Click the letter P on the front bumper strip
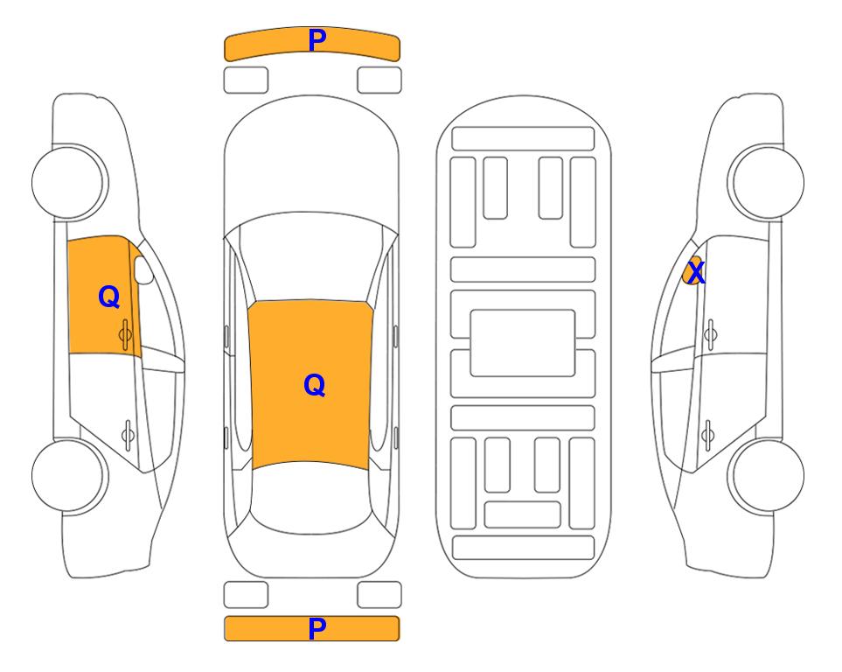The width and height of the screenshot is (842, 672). pyautogui.click(x=317, y=40)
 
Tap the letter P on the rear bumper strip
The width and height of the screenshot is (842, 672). pyautogui.click(x=317, y=628)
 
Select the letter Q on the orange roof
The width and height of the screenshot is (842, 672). pyautogui.click(x=314, y=385)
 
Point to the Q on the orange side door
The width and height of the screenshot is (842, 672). pyautogui.click(x=109, y=297)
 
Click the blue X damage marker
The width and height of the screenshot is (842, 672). pyautogui.click(x=696, y=272)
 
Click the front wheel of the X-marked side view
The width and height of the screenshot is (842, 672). pyautogui.click(x=766, y=182)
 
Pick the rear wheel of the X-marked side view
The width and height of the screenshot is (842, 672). pyautogui.click(x=766, y=475)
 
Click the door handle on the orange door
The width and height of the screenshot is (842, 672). pyautogui.click(x=126, y=334)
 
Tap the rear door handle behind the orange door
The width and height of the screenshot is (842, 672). pyautogui.click(x=128, y=434)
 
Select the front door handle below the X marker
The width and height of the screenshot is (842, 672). pyautogui.click(x=711, y=334)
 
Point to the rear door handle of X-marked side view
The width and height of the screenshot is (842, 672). pyautogui.click(x=707, y=434)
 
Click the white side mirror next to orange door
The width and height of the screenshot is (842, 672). pyautogui.click(x=143, y=269)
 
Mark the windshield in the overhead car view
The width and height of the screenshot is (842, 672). pyautogui.click(x=311, y=257)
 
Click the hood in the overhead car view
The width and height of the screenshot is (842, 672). pyautogui.click(x=311, y=161)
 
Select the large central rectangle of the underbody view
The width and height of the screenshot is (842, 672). pyautogui.click(x=523, y=343)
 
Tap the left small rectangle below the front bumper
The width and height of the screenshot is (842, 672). pyautogui.click(x=246, y=80)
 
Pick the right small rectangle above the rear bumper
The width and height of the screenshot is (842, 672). pyautogui.click(x=379, y=595)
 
